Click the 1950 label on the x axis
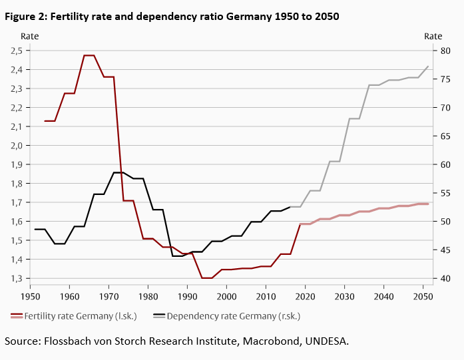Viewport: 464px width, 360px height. coord(31,295)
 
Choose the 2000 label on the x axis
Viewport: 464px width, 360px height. coord(227,295)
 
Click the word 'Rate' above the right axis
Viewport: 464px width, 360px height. coord(433,36)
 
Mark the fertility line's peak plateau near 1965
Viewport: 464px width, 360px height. coord(89,55)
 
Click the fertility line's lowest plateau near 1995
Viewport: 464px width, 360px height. coord(206,278)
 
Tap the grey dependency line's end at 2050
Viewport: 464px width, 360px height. coord(428,66)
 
